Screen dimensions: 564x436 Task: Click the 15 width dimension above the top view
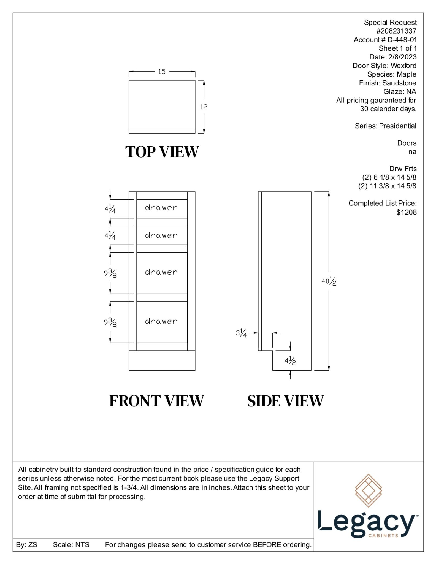(162, 72)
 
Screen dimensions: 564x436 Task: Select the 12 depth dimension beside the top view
(204, 107)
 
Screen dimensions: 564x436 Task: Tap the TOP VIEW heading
(162, 152)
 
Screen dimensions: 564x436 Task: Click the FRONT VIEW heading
(156, 401)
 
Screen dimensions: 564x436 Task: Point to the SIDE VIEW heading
(285, 401)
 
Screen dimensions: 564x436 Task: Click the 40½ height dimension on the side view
(329, 281)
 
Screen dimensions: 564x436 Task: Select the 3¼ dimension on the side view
(241, 333)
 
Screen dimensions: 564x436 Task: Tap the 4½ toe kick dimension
(290, 360)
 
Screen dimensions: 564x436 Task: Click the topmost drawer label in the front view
(161, 208)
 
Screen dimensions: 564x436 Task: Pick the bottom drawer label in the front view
(161, 321)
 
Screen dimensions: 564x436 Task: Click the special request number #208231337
(396, 31)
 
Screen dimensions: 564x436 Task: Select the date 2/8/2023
(402, 57)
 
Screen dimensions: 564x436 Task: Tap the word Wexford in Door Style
(403, 66)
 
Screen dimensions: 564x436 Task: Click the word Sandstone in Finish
(399, 83)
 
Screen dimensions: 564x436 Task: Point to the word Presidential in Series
(397, 126)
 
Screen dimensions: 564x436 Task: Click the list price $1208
(406, 212)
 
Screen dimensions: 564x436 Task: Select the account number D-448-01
(402, 40)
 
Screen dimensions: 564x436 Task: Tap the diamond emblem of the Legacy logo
(368, 490)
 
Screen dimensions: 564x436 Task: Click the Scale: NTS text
(71, 544)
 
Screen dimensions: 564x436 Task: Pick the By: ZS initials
(26, 544)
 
